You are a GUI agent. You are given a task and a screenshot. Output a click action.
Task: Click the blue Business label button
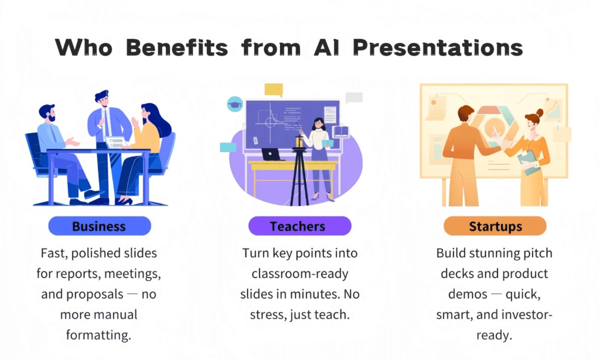click(99, 226)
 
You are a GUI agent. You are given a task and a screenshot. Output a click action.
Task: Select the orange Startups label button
click(495, 226)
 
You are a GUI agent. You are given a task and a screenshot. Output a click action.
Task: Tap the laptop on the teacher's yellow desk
click(271, 155)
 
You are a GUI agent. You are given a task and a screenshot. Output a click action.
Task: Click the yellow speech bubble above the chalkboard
click(274, 90)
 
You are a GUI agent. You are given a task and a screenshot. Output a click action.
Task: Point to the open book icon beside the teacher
click(340, 132)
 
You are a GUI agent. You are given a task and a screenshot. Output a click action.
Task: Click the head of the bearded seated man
click(47, 113)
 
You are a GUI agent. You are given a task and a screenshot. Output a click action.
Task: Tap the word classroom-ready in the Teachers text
click(298, 274)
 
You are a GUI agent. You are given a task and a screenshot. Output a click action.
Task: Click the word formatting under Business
click(98, 334)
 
